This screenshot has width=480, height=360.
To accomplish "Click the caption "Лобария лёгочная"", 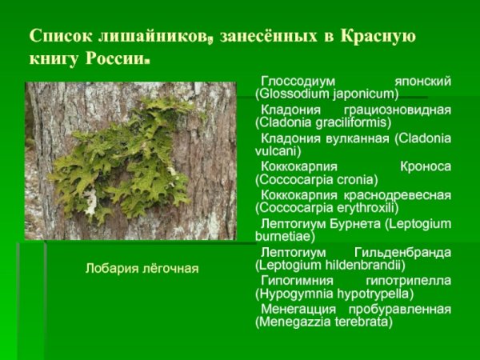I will pyautogui.click(x=142, y=268).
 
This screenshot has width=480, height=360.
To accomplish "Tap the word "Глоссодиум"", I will pyautogui.click(x=295, y=82).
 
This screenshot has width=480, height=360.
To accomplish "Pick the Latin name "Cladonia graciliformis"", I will pyautogui.click(x=323, y=122).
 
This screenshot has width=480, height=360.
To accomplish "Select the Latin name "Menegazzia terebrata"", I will pyautogui.click(x=324, y=322).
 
